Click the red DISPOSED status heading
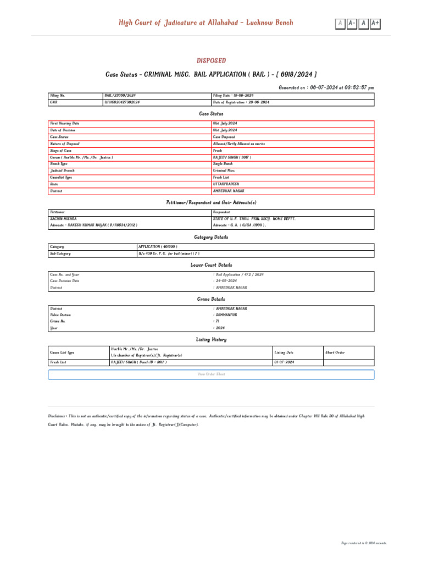point(211,61)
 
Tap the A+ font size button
point(375,23)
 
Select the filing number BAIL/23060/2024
point(120,96)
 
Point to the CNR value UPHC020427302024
point(122,102)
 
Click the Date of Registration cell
point(241,102)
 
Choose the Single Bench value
point(224,164)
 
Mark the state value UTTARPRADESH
point(226,184)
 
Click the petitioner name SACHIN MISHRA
point(63,218)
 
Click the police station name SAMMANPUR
point(227,315)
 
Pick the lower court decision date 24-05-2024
point(229,281)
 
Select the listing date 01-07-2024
point(284,363)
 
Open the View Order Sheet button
point(211,374)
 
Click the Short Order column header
point(335,352)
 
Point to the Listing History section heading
point(211,340)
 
